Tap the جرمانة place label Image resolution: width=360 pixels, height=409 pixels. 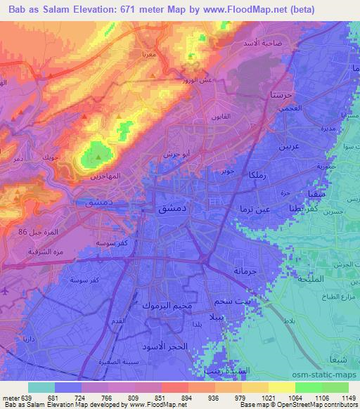pos(247,270)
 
